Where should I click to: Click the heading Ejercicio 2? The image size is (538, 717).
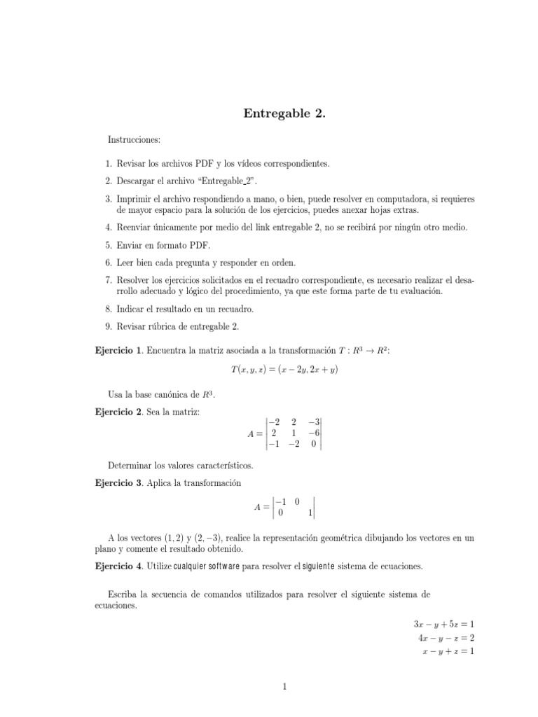pos(118,412)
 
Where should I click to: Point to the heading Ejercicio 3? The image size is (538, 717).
pos(118,483)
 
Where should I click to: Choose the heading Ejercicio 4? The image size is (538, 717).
pos(118,565)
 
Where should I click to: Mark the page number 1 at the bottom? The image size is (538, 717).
pos(285,688)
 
